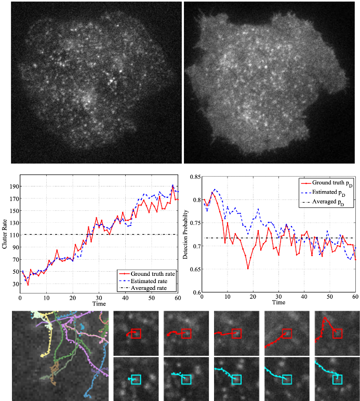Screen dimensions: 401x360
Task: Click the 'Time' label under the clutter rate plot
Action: pos(98,303)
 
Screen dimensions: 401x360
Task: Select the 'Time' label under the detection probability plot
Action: pos(278,302)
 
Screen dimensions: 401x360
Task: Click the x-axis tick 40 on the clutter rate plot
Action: pos(125,298)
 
